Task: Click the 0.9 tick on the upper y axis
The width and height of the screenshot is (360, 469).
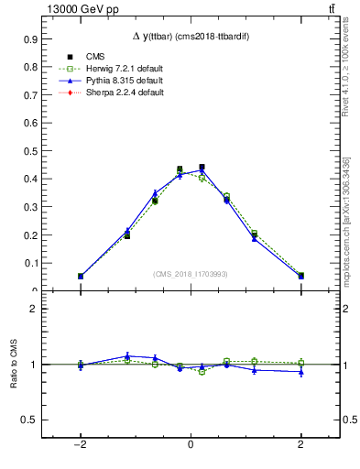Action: click(x=29, y=40)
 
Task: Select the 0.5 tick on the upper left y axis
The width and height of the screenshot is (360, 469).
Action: click(x=29, y=152)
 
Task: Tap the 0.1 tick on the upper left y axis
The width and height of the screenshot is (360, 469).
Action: click(x=29, y=264)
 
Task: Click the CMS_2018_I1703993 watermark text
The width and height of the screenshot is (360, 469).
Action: click(x=191, y=274)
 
